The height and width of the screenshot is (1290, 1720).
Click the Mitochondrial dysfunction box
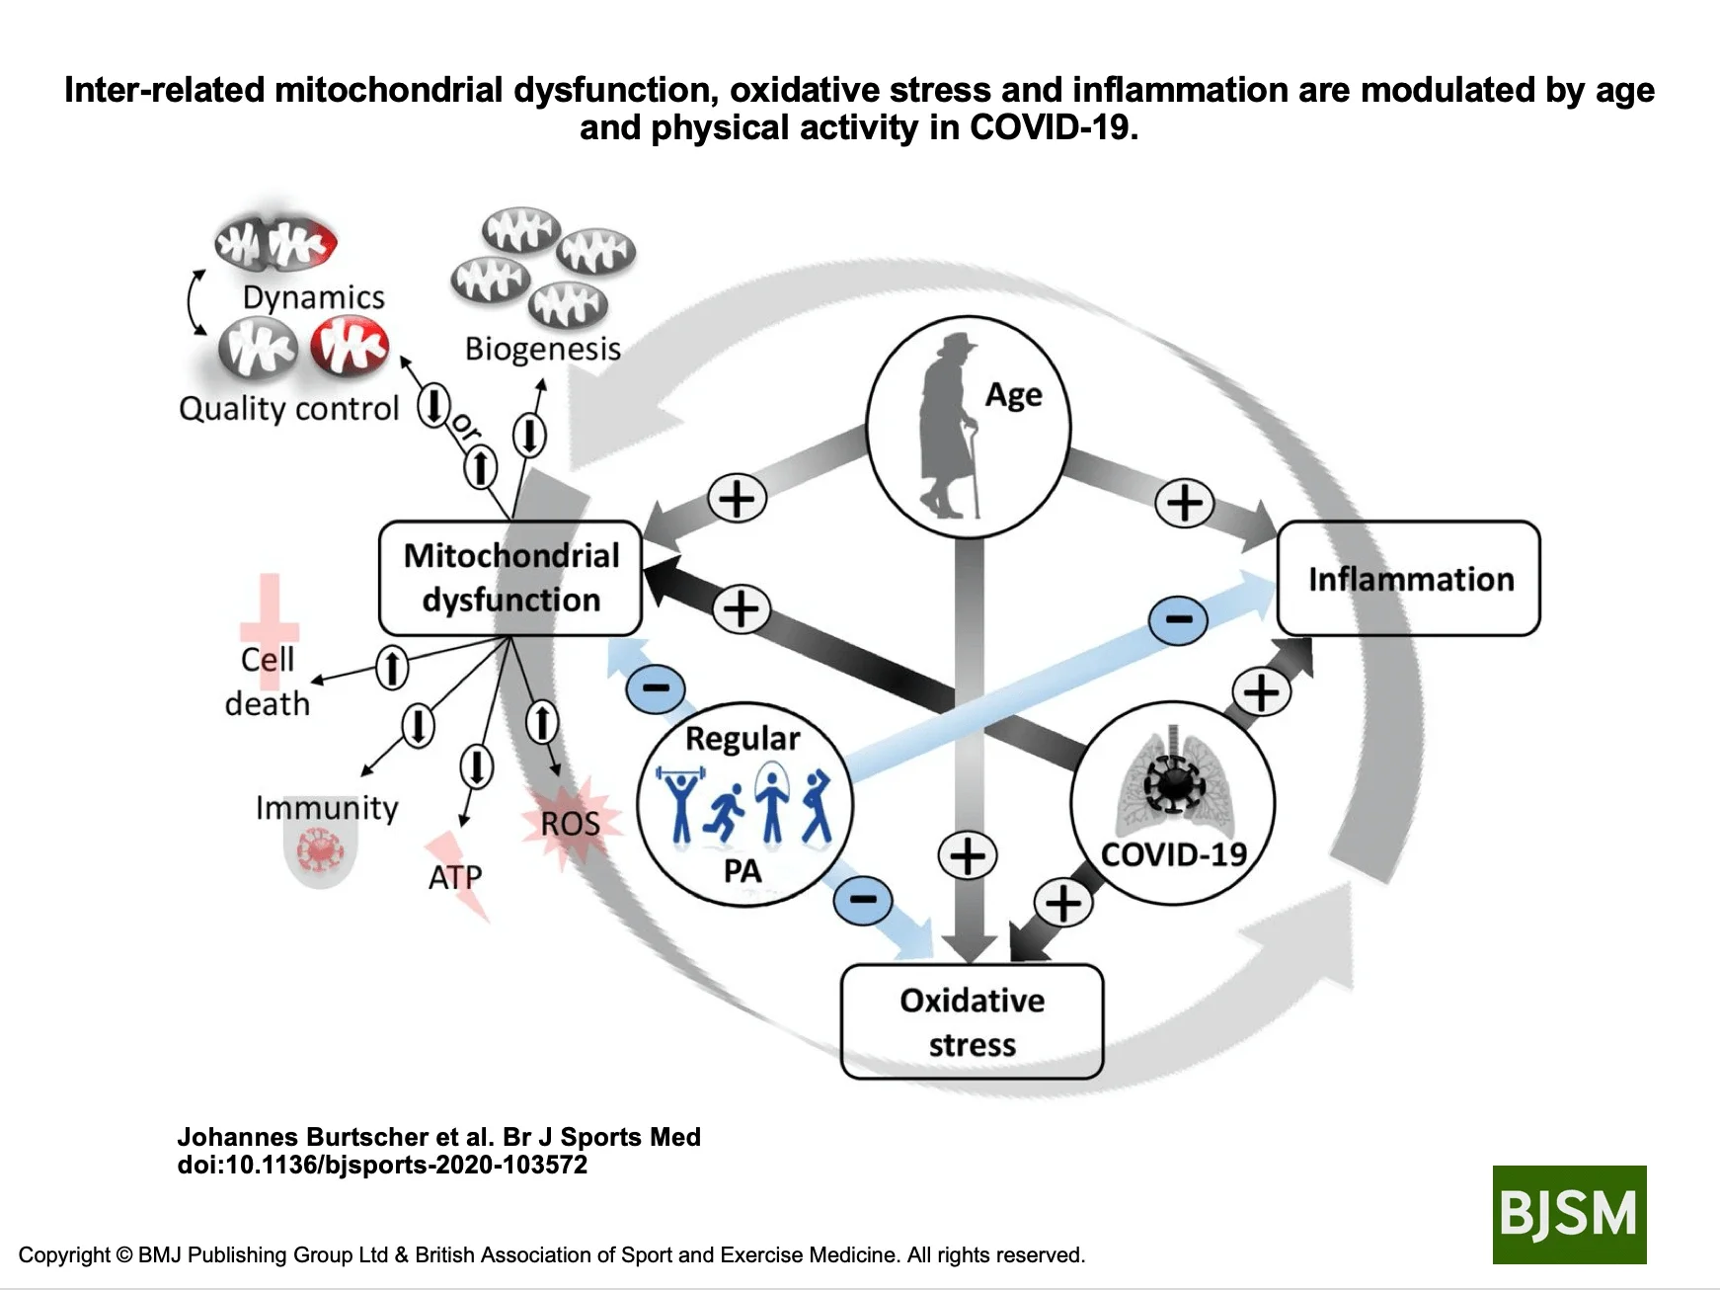(x=510, y=578)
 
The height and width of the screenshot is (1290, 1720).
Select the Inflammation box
(x=1409, y=579)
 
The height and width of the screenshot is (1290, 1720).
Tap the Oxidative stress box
(x=972, y=1021)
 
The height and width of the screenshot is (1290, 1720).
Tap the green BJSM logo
(x=1569, y=1214)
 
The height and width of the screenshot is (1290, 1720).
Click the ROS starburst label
(x=570, y=823)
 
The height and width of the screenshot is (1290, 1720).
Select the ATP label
(x=455, y=877)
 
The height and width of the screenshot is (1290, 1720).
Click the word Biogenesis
(x=543, y=349)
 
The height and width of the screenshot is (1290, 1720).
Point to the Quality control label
(x=288, y=409)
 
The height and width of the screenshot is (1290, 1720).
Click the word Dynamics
(x=313, y=297)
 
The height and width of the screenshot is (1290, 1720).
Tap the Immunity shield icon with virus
(x=320, y=852)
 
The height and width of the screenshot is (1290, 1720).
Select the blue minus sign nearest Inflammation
(x=1179, y=620)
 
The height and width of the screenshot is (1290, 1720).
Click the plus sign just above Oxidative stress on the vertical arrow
(x=967, y=855)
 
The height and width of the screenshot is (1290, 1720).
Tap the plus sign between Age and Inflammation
(x=1184, y=502)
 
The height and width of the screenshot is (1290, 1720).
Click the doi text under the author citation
(x=382, y=1165)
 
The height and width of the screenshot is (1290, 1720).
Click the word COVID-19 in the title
(x=1053, y=127)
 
